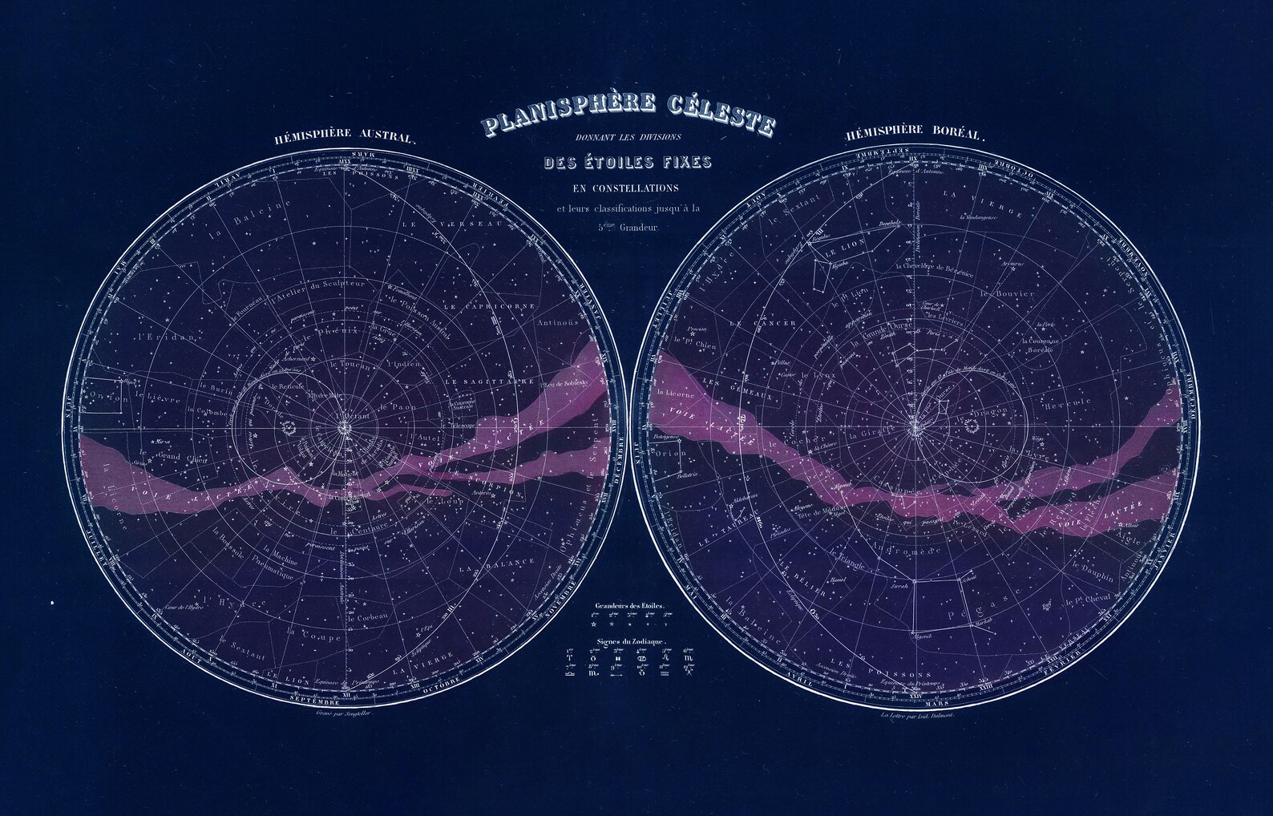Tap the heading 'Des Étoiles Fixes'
click(x=628, y=163)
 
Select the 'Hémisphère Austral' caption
click(x=345, y=138)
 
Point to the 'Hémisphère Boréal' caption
click(x=914, y=134)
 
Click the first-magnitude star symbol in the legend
click(x=594, y=623)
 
